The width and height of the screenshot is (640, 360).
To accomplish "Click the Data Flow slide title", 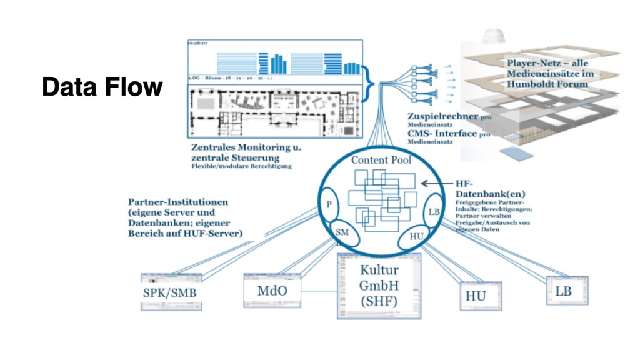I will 102,87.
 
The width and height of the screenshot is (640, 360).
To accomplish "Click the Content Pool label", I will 381,160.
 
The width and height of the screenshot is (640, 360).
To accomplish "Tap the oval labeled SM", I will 342,232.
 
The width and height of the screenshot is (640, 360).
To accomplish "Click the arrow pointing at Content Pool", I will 434,184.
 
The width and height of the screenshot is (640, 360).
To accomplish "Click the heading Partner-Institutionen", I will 178,202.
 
